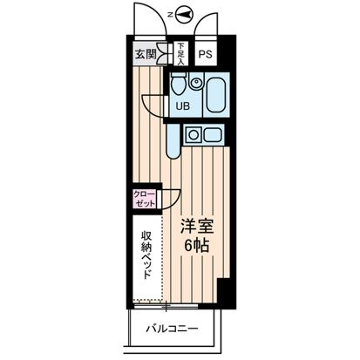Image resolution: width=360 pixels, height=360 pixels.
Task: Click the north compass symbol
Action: point(184,13)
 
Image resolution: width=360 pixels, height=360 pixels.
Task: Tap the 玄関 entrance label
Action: point(144,54)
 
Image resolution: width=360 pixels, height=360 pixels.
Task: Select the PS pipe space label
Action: point(204,54)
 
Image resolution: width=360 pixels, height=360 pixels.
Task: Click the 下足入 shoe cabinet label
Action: point(180,54)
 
